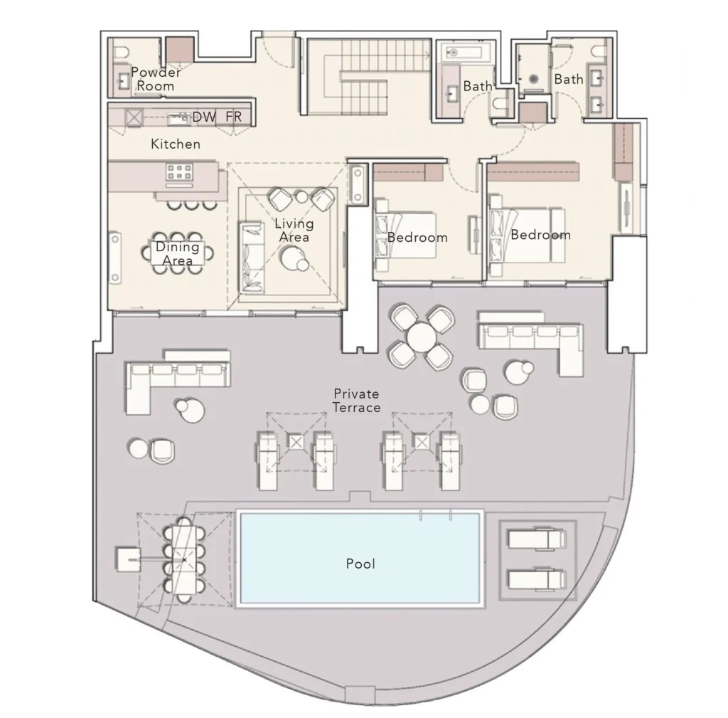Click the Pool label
[360, 564]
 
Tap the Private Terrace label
[356, 401]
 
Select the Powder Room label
[156, 79]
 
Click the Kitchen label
[176, 144]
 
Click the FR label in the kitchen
[232, 117]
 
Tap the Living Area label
[294, 230]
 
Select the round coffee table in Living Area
[292, 259]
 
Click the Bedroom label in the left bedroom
[417, 238]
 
